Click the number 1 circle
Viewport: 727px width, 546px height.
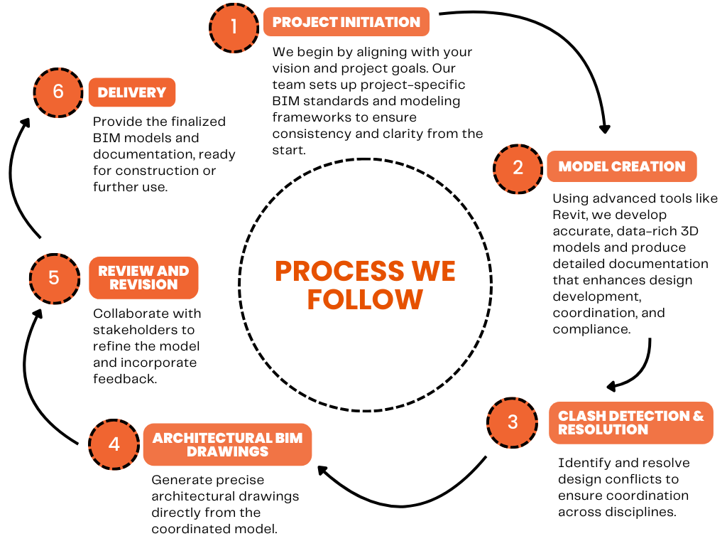click(x=234, y=28)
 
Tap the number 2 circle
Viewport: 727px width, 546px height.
click(x=518, y=167)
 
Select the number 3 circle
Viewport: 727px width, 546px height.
click(x=513, y=422)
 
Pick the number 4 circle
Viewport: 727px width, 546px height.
click(x=114, y=444)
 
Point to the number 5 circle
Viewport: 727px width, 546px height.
click(x=54, y=277)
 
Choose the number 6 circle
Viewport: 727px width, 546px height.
click(x=58, y=92)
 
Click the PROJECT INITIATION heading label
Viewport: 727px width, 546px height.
click(x=346, y=22)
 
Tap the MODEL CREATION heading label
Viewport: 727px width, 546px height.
click(x=621, y=167)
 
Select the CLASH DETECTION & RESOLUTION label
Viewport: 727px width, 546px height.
click(x=630, y=422)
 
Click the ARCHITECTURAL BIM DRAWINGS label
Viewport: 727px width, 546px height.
click(x=227, y=444)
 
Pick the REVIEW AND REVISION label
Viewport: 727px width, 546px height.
click(x=143, y=277)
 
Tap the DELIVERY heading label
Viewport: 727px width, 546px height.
click(x=131, y=92)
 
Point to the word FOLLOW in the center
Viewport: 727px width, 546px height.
click(x=365, y=299)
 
